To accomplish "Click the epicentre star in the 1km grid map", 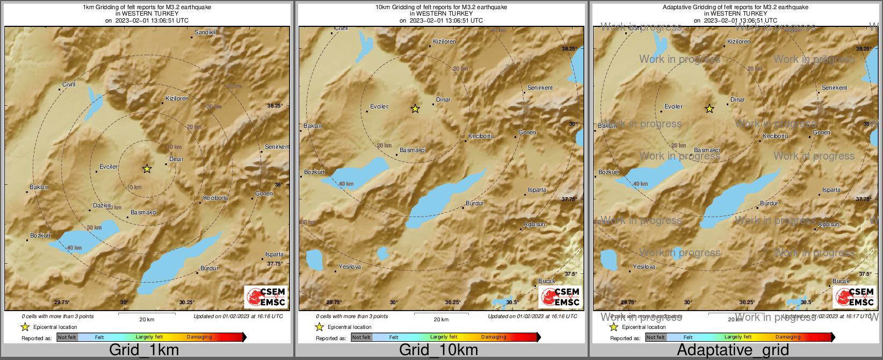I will [x=147, y=169].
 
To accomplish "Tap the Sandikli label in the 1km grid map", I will [x=205, y=33].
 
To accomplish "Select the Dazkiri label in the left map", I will [x=102, y=206].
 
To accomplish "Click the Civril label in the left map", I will [x=69, y=85].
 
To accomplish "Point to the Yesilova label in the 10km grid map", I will [x=350, y=267].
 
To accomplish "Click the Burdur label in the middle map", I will [x=475, y=204].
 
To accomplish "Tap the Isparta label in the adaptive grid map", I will [x=831, y=190].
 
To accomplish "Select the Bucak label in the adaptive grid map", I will [x=841, y=282].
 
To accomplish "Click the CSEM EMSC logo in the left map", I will [x=266, y=297].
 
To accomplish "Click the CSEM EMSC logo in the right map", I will [x=855, y=297].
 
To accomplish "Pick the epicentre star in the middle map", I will [x=415, y=109].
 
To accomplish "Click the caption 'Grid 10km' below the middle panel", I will [x=438, y=350].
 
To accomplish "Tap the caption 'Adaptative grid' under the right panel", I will [x=733, y=350].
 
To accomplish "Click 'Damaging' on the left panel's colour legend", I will [x=199, y=337].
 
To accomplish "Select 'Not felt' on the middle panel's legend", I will [x=361, y=337].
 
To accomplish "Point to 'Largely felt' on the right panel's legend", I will [x=738, y=337].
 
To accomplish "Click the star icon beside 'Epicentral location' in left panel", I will [x=25, y=327].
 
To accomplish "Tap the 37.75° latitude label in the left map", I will [x=274, y=264].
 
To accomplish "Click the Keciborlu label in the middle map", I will [x=481, y=136].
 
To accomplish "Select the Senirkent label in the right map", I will [x=834, y=88].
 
